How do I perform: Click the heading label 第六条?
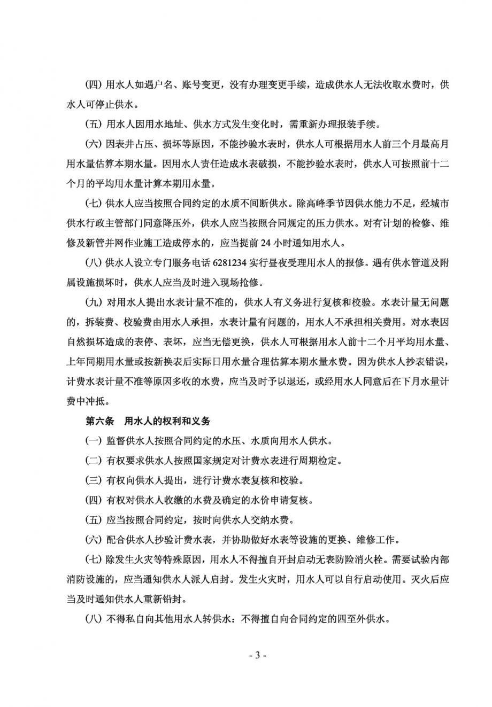tap(100, 421)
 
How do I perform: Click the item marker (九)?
tap(94, 302)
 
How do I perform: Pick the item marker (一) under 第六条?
tap(94, 441)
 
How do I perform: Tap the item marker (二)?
tap(94, 461)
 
